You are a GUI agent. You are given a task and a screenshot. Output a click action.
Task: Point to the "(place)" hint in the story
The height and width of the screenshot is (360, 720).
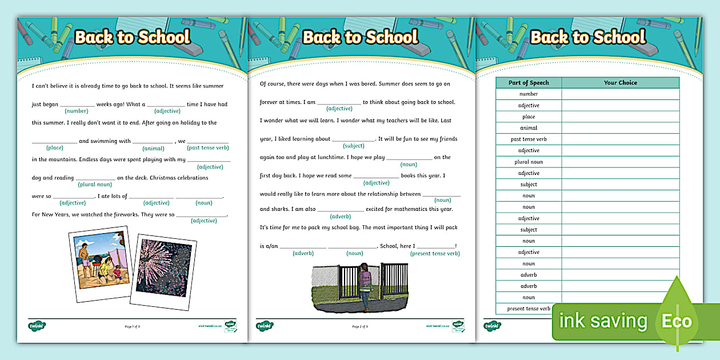[55, 147]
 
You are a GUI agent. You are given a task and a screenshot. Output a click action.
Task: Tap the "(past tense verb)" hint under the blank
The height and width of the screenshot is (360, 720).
[208, 147]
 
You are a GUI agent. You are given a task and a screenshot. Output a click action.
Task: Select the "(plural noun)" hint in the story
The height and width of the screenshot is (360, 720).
[95, 184]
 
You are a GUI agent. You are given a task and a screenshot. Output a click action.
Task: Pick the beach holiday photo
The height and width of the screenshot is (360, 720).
[101, 260]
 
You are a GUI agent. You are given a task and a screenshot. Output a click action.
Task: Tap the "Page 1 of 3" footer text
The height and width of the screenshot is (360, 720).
[132, 326]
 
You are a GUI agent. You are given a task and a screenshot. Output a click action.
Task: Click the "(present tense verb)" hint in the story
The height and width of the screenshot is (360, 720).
[435, 253]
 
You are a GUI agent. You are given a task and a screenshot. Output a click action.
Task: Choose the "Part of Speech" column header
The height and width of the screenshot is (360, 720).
[529, 83]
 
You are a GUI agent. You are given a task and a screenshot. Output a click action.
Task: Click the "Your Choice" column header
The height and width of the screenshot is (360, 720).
[620, 83]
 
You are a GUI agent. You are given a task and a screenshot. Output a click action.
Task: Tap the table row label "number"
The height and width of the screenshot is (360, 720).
[529, 94]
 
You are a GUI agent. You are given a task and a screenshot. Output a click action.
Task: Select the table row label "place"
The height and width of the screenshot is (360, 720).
[529, 117]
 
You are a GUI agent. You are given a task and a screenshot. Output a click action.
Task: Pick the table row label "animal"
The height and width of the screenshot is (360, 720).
[529, 128]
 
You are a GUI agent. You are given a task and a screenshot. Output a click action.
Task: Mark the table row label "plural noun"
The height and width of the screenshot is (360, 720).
[529, 162]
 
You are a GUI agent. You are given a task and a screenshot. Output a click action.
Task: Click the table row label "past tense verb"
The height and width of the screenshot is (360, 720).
[529, 139]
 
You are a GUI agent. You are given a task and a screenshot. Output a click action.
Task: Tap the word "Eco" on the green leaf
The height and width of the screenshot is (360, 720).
[677, 321]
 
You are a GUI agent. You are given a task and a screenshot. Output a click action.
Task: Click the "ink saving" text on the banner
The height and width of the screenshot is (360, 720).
[603, 321]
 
